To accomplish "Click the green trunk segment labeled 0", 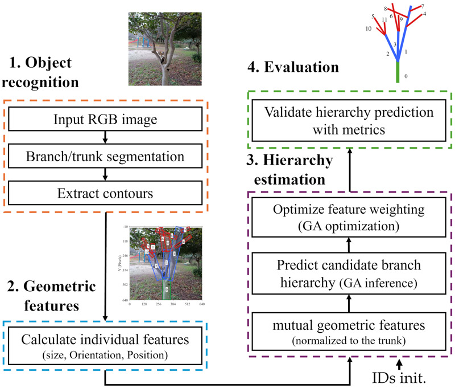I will (x=398, y=72).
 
